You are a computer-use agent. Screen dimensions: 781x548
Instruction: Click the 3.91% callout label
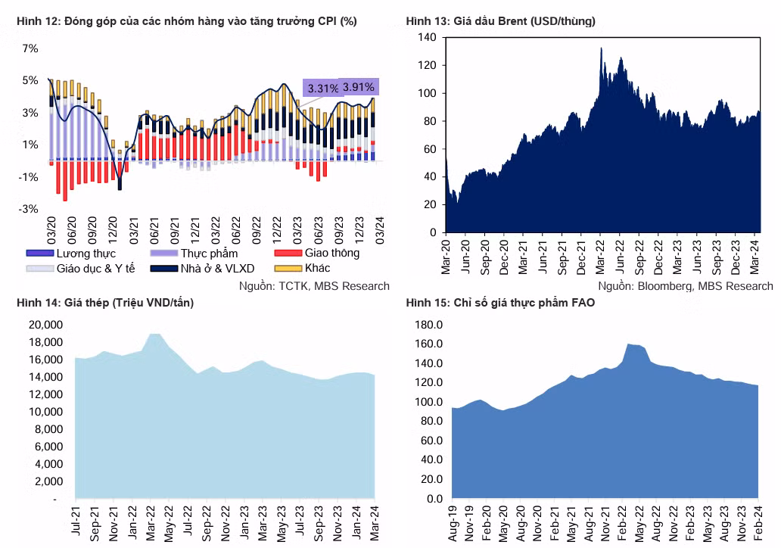tap(358, 87)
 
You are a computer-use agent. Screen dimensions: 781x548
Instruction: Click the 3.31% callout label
tap(322, 89)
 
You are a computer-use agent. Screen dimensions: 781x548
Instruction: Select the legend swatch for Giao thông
tap(288, 253)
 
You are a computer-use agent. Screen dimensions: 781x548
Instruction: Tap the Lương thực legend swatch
tap(40, 253)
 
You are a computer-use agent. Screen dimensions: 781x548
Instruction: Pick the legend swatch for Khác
tap(288, 269)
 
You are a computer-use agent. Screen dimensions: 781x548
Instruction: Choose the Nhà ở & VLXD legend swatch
tap(164, 269)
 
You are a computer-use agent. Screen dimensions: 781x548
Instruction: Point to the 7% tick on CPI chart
tap(30, 48)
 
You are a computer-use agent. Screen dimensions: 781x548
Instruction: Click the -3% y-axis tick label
tap(29, 209)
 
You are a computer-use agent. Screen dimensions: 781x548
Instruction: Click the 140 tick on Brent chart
tap(427, 37)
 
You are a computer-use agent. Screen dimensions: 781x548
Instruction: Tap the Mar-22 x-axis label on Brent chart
tap(600, 257)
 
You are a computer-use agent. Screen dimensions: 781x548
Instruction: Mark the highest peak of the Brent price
tap(601, 48)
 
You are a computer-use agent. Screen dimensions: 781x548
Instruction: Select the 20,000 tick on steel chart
tap(46, 325)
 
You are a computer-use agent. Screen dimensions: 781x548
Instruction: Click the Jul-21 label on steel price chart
tap(76, 521)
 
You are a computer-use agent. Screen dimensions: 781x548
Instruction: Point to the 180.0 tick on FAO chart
tap(429, 325)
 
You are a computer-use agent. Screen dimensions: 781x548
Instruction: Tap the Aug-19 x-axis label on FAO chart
tap(453, 524)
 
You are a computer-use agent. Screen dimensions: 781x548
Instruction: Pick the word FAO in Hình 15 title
tap(583, 303)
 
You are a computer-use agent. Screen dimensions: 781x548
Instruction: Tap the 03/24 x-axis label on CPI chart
tap(380, 230)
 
